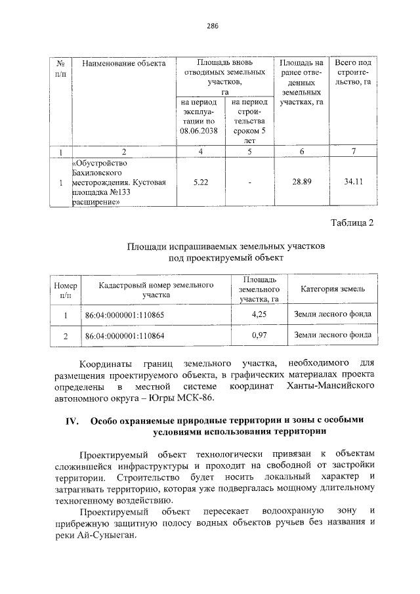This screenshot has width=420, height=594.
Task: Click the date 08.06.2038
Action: (201, 131)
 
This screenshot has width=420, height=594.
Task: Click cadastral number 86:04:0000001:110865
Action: (125, 315)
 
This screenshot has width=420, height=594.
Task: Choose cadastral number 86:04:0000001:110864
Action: (125, 336)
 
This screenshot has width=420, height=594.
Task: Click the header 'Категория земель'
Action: (333, 289)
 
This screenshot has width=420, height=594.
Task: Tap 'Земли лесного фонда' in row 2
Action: (333, 335)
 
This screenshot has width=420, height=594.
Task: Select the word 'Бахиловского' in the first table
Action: (98, 172)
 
